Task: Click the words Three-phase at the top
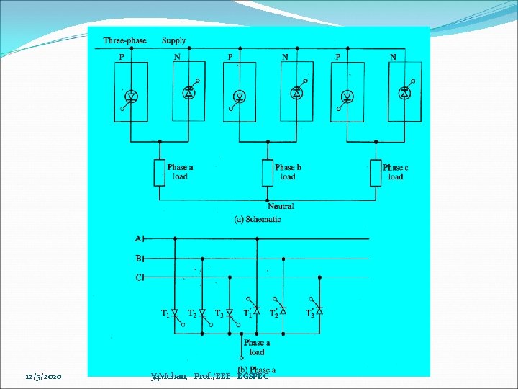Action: [x=124, y=40]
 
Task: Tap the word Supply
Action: [x=174, y=40]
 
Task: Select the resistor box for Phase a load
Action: [x=159, y=173]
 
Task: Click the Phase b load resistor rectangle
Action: [x=267, y=173]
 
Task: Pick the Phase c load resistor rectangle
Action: [x=375, y=173]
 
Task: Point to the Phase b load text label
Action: [x=288, y=172]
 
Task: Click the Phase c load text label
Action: [x=396, y=172]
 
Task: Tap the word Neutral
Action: [x=281, y=207]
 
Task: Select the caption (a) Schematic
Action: [x=258, y=219]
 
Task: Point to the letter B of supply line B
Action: [x=139, y=257]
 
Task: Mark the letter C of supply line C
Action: [x=139, y=277]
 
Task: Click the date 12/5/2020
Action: [x=44, y=377]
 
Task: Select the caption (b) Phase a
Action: [x=257, y=370]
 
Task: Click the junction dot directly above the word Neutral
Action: [x=268, y=200]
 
